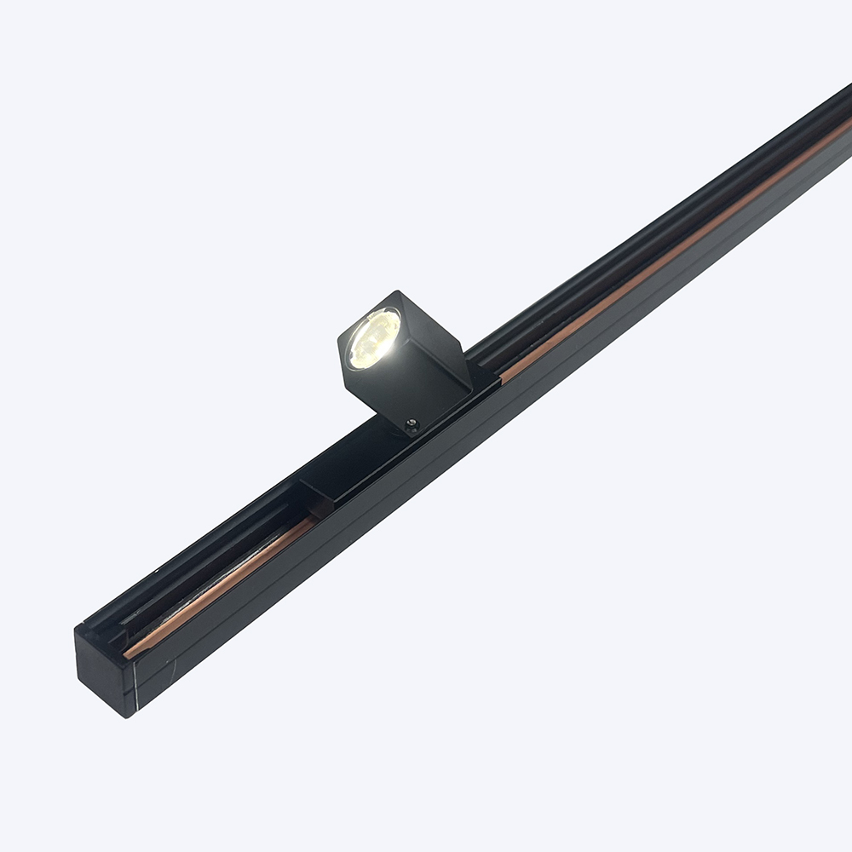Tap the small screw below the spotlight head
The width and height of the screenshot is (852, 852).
coord(412,423)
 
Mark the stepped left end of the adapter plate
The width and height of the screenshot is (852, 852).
coord(311,490)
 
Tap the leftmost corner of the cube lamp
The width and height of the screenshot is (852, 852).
coord(339,341)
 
